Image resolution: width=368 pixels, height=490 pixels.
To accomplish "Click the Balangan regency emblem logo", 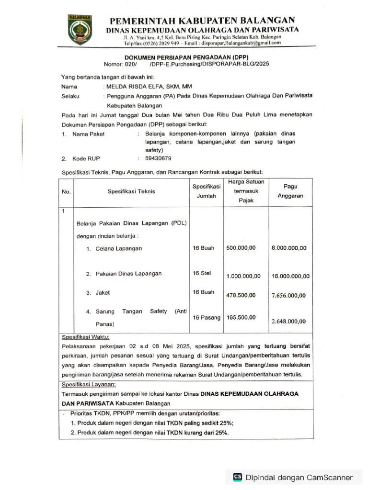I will pos(79,30).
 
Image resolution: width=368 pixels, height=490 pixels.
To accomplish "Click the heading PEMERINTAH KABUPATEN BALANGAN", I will pos(202,21).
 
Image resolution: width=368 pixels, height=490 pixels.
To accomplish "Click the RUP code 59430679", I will pos(158,158).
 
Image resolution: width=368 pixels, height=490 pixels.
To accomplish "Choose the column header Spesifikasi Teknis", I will pos(131,191).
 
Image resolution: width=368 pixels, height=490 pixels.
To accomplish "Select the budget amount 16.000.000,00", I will pos(290,276).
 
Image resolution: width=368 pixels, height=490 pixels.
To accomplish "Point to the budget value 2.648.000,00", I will pos(288,321).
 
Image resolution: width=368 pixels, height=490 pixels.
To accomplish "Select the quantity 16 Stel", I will pos(202,273).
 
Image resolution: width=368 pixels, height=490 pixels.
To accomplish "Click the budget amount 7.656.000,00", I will pos(288,296).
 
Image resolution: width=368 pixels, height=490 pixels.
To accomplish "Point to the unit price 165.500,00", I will pos(241,317).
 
